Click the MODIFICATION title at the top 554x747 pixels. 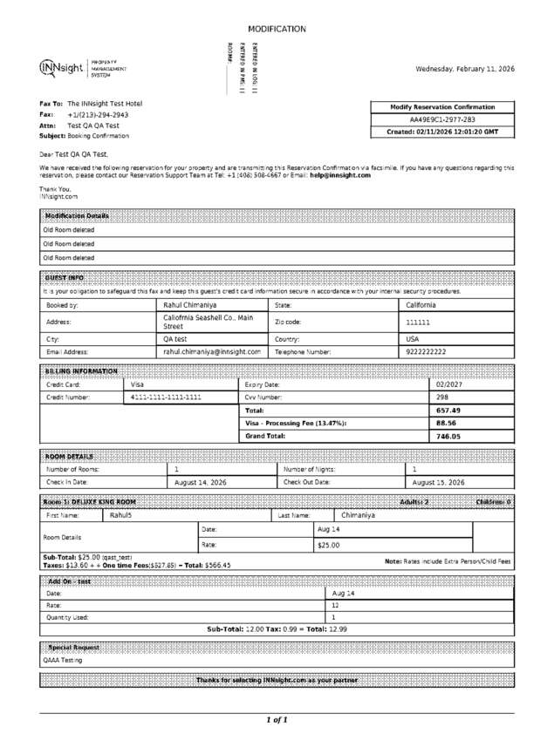coord(277,29)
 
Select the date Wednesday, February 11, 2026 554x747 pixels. coord(465,69)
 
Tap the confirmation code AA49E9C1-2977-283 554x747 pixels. coord(442,119)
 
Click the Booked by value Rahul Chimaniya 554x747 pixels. coord(190,306)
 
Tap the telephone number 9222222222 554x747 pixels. coord(427,351)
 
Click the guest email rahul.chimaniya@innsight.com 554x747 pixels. coord(212,351)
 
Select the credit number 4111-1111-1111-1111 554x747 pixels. coord(166,397)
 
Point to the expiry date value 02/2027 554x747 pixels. coord(448,384)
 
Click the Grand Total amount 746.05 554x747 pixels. coord(448,436)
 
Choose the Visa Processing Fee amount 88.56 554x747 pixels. coord(447,423)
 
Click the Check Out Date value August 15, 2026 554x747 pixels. coord(438,482)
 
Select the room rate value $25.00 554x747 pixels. coord(328,545)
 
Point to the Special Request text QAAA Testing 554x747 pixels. coord(63,660)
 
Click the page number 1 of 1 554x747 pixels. coord(277,720)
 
